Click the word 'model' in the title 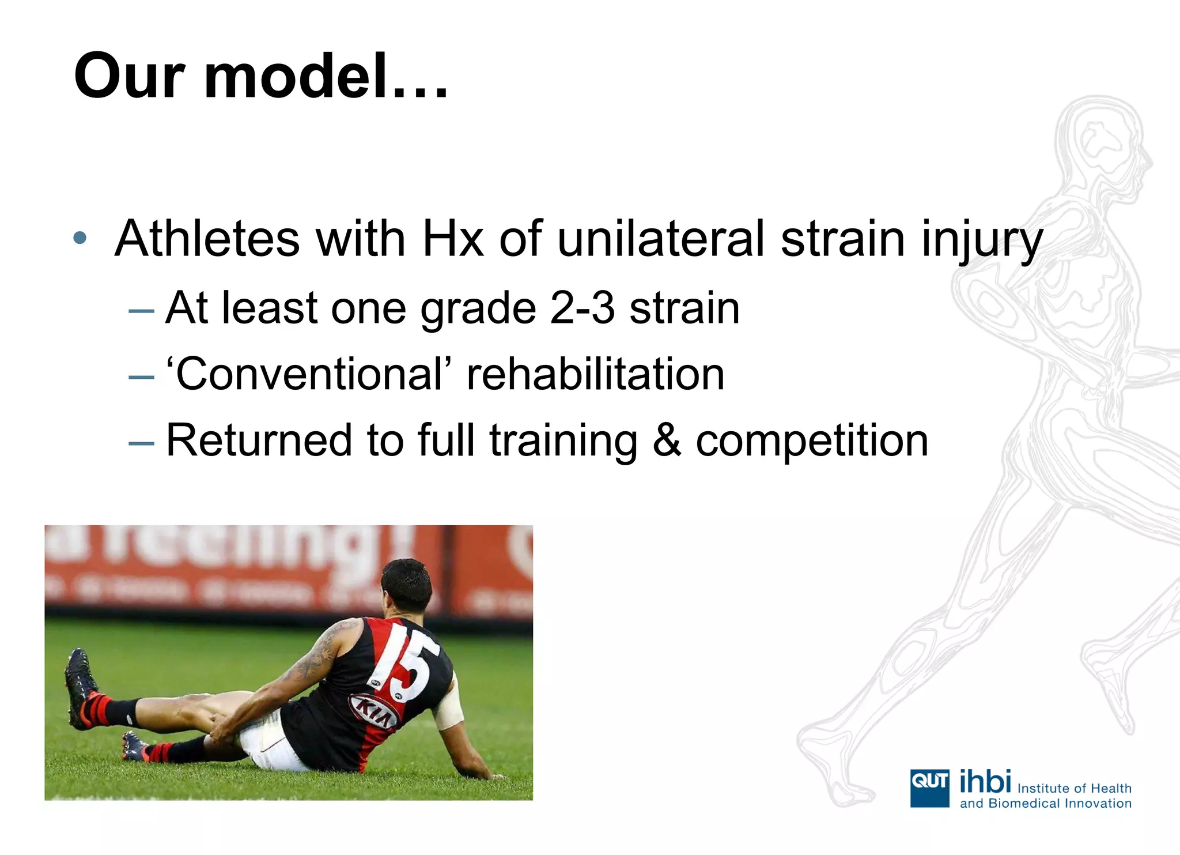pyautogui.click(x=296, y=77)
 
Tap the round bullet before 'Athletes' pyautogui.click(x=80, y=238)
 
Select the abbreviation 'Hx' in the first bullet pyautogui.click(x=452, y=239)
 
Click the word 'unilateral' pyautogui.click(x=661, y=239)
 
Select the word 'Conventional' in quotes pyautogui.click(x=309, y=374)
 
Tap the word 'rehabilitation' pyautogui.click(x=595, y=374)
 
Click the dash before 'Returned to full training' pyautogui.click(x=141, y=443)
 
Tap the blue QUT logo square pyautogui.click(x=929, y=788)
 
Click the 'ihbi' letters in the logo pyautogui.click(x=985, y=782)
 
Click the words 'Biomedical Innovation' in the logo pyautogui.click(x=1060, y=803)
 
